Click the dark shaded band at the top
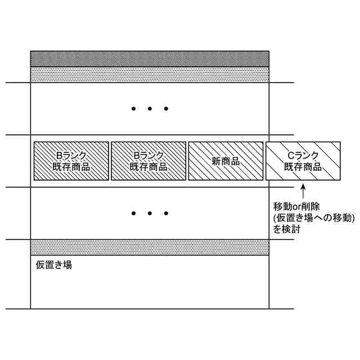(x=150, y=58)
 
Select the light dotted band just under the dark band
(x=150, y=75)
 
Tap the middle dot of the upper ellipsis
(x=150, y=109)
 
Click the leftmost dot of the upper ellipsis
(x=134, y=109)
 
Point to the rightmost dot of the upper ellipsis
(x=165, y=109)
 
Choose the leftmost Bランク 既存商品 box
(x=71, y=161)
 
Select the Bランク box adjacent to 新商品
(x=148, y=161)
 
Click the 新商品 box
(x=226, y=161)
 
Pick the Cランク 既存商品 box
(x=303, y=161)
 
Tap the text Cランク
(x=303, y=156)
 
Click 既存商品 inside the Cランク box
(x=303, y=166)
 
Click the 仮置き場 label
(x=53, y=265)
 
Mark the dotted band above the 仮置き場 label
(x=150, y=247)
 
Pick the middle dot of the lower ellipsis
(x=150, y=214)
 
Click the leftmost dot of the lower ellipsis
(x=134, y=214)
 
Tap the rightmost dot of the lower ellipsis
(x=165, y=214)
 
